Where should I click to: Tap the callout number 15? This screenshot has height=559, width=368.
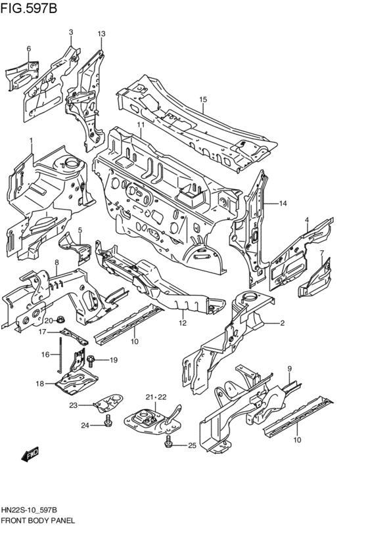[203, 100]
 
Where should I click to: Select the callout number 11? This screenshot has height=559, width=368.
[141, 125]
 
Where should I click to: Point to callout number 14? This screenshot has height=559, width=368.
[283, 203]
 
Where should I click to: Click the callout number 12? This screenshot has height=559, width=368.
[183, 323]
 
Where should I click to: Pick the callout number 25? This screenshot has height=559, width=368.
[192, 446]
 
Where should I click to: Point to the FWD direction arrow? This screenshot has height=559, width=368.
[30, 454]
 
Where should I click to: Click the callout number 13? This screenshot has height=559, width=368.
[101, 34]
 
